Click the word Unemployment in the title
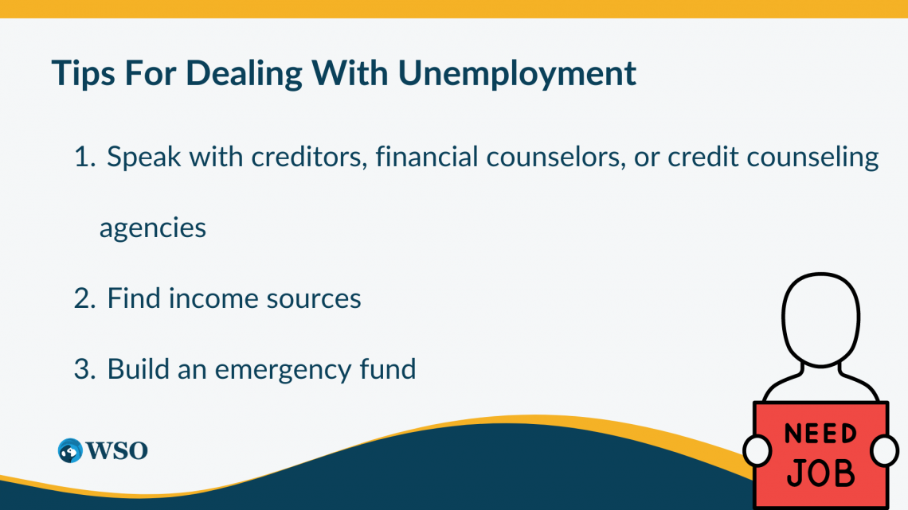click(517, 74)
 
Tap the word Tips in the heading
click(83, 74)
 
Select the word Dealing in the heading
click(244, 74)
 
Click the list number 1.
click(84, 158)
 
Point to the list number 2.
click(84, 299)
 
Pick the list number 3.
click(84, 369)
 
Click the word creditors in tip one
click(309, 157)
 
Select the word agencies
click(153, 228)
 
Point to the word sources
click(313, 299)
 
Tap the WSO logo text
click(116, 450)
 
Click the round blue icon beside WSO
click(70, 450)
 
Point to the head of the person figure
click(821, 319)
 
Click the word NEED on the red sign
click(820, 434)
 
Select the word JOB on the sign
click(820, 473)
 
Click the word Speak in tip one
click(144, 158)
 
